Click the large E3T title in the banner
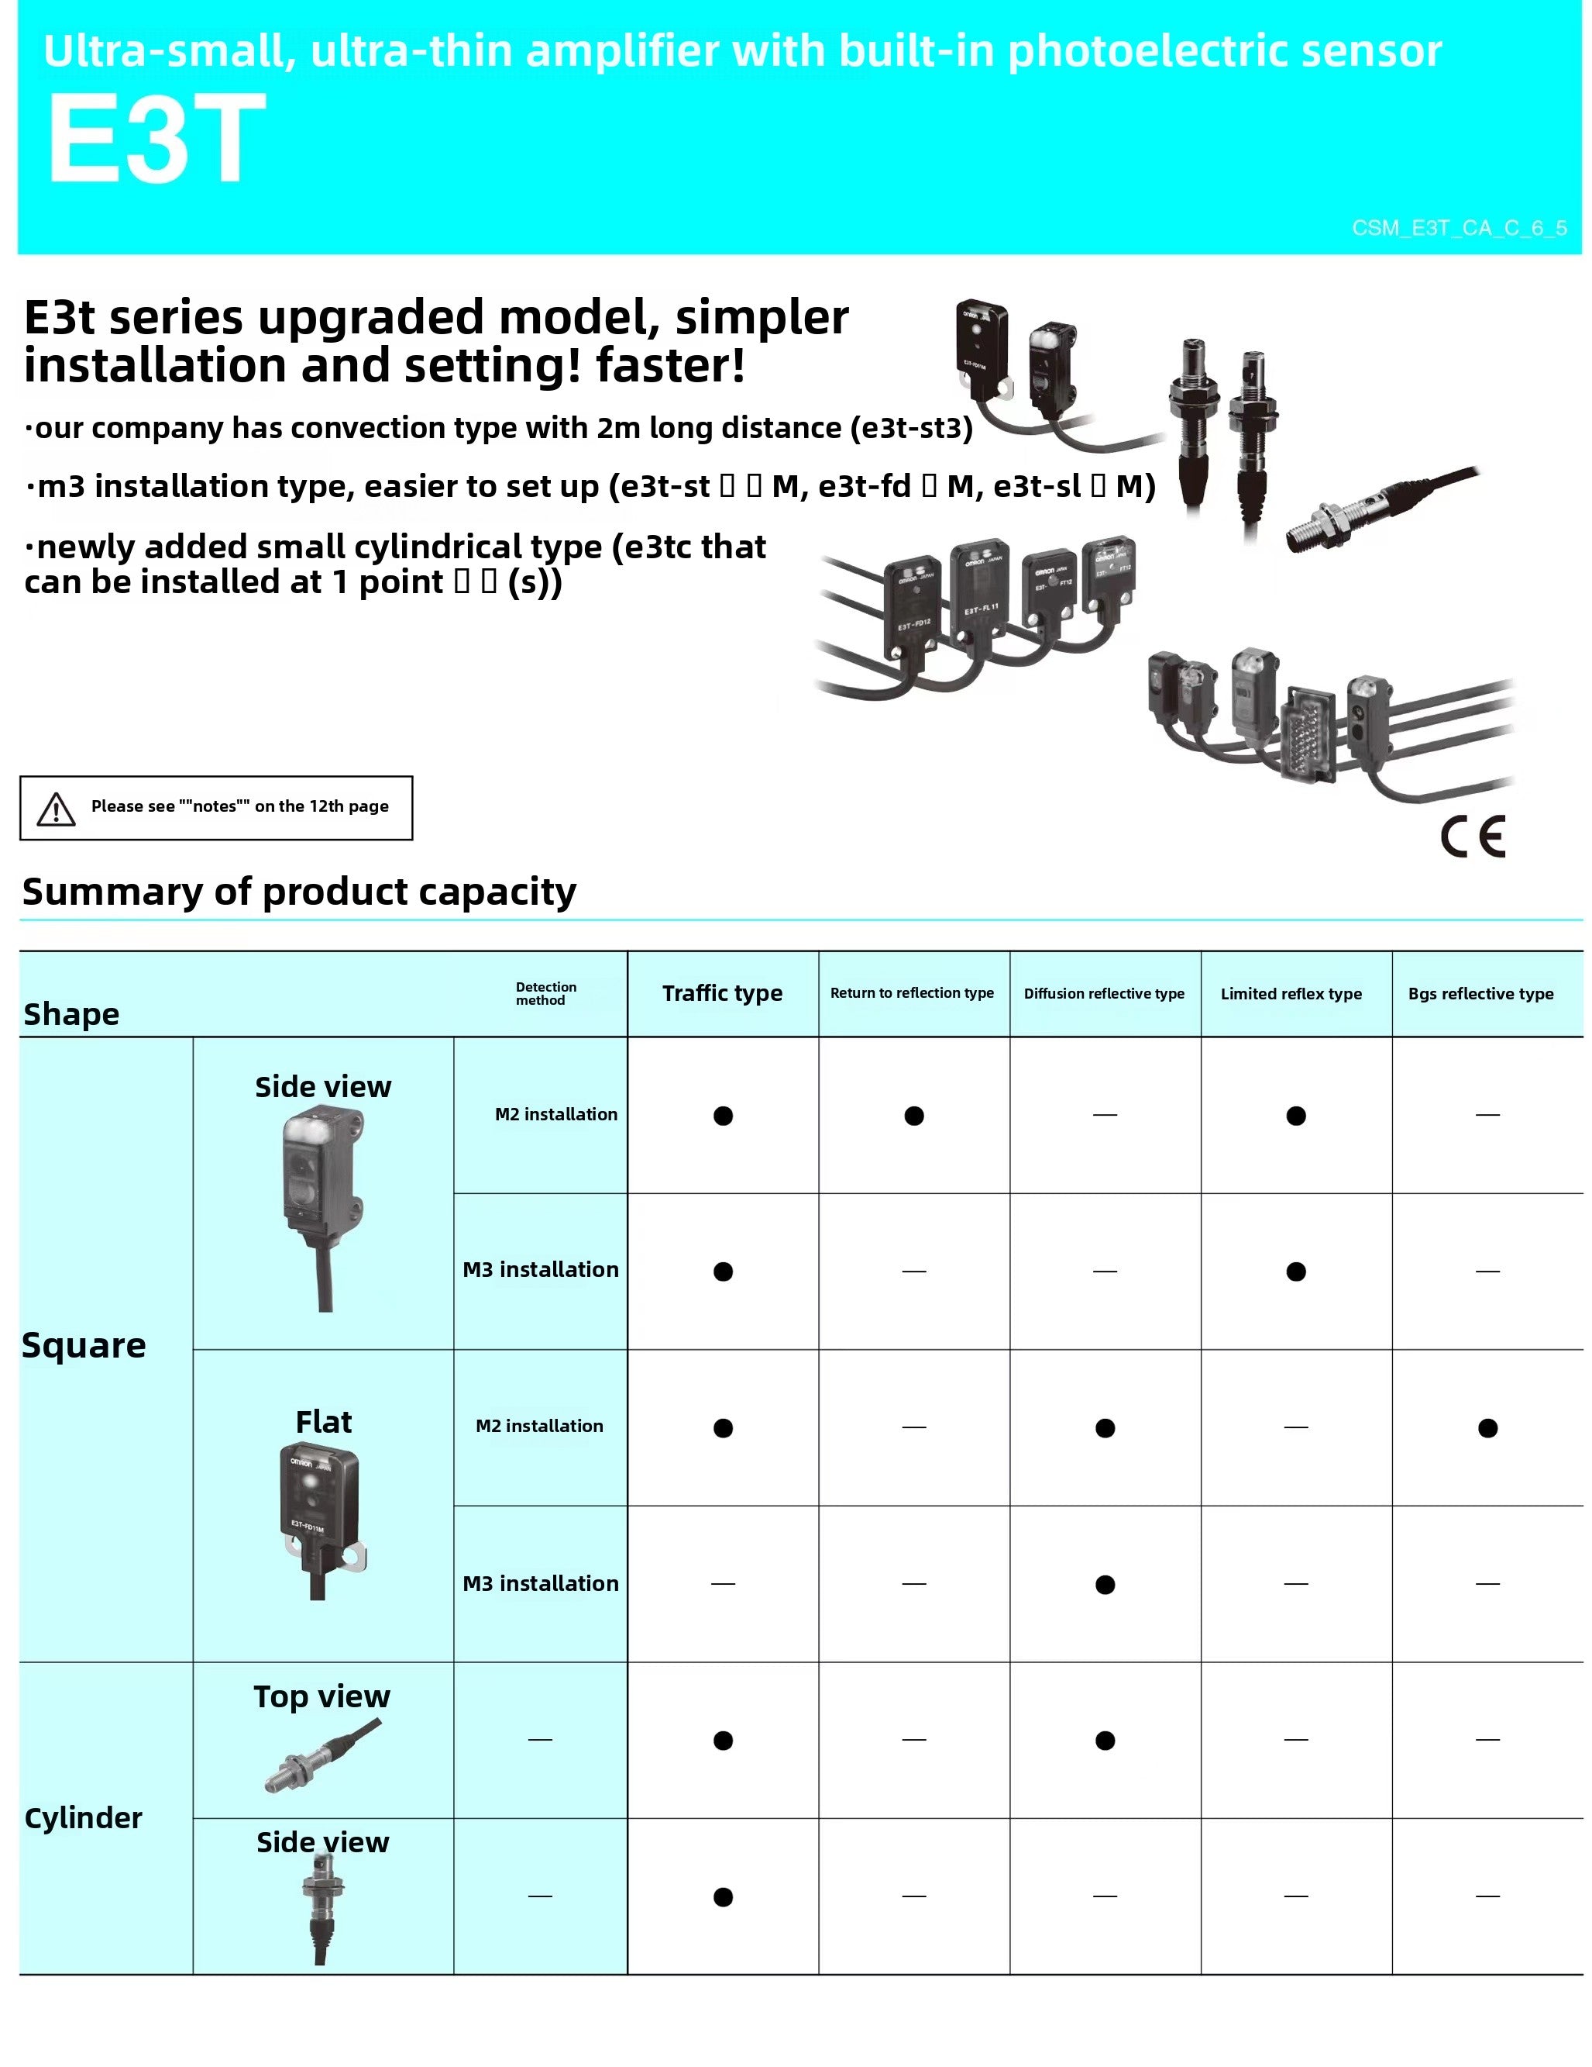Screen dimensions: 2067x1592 [x=156, y=139]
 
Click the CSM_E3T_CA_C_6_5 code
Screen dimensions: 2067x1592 [x=1459, y=228]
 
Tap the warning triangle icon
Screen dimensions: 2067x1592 [x=56, y=809]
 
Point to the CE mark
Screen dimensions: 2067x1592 [x=1472, y=836]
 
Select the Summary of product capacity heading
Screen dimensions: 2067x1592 [x=299, y=892]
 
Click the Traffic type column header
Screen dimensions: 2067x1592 [x=722, y=993]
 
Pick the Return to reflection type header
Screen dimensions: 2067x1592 [x=912, y=993]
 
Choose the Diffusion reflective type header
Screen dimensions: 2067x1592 [x=1104, y=993]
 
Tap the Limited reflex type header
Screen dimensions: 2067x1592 [x=1291, y=993]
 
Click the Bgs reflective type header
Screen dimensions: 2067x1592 [x=1480, y=993]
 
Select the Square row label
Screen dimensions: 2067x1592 [x=84, y=1345]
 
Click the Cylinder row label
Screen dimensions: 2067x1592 [x=83, y=1817]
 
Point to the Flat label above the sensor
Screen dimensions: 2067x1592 [x=324, y=1421]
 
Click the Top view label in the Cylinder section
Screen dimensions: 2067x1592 [x=321, y=1696]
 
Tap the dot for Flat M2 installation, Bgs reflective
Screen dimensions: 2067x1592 [x=1487, y=1428]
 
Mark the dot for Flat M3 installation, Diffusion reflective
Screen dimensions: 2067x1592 [x=1105, y=1584]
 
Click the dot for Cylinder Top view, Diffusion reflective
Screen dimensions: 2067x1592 [x=1105, y=1741]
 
